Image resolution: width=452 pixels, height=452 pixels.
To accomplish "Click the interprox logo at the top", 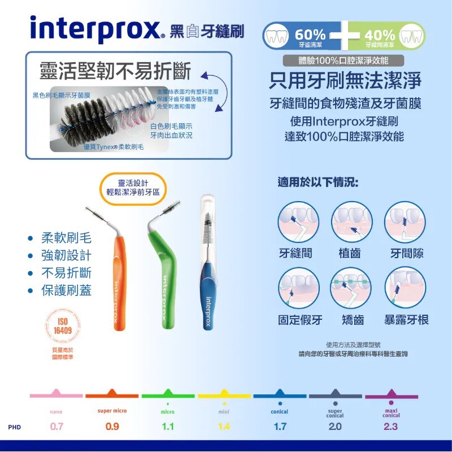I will [95, 29].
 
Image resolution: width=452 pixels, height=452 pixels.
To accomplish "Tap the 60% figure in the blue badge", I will [310, 34].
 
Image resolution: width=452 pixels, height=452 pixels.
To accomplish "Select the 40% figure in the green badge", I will [380, 34].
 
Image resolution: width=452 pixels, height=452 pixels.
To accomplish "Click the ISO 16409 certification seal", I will [63, 327].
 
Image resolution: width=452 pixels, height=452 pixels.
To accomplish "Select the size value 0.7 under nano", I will [56, 427].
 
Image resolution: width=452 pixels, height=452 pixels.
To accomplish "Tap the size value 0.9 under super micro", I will [112, 427].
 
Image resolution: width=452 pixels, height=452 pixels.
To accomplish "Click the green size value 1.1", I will [168, 427].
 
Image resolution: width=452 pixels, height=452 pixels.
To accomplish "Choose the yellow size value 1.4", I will [224, 427].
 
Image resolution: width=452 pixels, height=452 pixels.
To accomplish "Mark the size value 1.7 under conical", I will [280, 427].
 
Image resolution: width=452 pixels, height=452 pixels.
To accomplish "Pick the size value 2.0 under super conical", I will [335, 427].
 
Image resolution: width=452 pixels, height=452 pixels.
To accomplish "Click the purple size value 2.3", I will [391, 427].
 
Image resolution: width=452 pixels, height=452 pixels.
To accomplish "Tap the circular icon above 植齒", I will [352, 222].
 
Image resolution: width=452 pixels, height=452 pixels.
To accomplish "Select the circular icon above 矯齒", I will [352, 288].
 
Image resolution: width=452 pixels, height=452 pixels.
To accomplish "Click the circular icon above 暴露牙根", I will [405, 288].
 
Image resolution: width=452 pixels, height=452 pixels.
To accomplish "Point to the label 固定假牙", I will [300, 320].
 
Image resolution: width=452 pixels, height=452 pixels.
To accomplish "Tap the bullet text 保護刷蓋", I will [66, 292].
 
